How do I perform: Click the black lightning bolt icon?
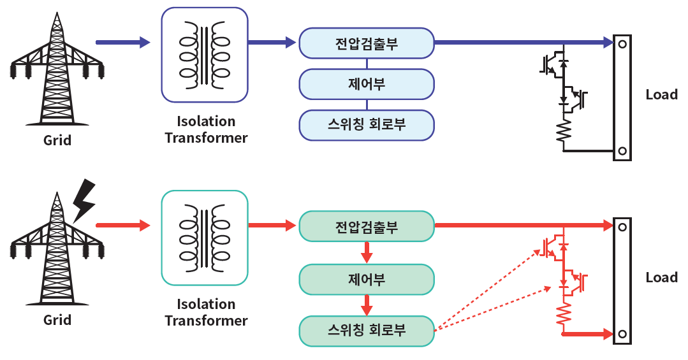click(x=84, y=200)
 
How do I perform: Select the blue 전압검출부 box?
click(x=367, y=43)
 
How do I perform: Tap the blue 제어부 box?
click(x=367, y=84)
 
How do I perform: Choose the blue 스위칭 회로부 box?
click(x=367, y=125)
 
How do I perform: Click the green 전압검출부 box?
click(x=367, y=226)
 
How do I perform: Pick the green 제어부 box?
click(x=367, y=279)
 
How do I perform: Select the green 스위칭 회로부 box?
click(x=367, y=331)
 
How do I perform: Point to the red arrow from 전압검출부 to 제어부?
click(x=367, y=252)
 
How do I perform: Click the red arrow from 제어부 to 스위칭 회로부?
click(x=367, y=305)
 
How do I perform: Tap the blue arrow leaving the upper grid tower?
click(x=123, y=43)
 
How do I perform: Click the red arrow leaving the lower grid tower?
click(x=123, y=226)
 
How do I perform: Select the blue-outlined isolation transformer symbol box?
click(x=205, y=55)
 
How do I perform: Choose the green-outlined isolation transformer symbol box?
click(x=205, y=238)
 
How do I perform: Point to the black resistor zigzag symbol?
click(x=564, y=130)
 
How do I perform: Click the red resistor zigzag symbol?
click(x=564, y=313)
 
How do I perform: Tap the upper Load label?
click(x=662, y=95)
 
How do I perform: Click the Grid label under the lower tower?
click(x=57, y=320)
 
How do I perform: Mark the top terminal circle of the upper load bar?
click(x=622, y=45)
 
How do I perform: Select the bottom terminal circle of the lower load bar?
click(x=622, y=334)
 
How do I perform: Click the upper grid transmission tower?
click(x=57, y=70)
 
